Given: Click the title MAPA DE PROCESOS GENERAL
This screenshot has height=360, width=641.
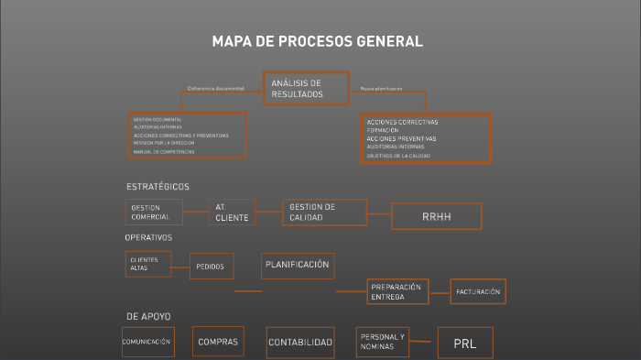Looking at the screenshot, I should [317, 41].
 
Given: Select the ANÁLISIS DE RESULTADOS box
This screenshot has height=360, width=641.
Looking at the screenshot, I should [306, 89].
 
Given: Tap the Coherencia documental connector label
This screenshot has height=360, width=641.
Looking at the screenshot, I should [215, 89].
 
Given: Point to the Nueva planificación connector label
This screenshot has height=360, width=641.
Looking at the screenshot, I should [381, 89].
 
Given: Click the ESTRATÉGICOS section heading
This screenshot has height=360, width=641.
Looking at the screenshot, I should [158, 187].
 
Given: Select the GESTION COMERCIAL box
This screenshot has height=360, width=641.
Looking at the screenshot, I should [154, 212].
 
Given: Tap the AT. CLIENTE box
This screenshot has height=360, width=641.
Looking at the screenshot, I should [232, 213].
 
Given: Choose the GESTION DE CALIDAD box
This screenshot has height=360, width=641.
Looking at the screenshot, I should [324, 213].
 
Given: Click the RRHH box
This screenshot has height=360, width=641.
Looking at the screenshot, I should [437, 216].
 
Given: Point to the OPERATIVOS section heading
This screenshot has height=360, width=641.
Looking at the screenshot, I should [148, 237].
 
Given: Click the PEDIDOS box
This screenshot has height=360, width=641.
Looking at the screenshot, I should [212, 267].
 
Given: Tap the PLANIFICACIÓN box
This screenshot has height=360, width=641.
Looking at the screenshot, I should [297, 265].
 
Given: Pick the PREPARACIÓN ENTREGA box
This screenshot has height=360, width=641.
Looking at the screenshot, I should [398, 292].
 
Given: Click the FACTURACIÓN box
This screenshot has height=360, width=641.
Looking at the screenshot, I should [478, 291].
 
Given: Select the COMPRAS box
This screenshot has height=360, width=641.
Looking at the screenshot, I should [218, 342].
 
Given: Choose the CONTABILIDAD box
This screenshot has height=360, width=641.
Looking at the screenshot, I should [299, 343].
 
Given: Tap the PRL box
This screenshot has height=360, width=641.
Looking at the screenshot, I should [464, 343].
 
